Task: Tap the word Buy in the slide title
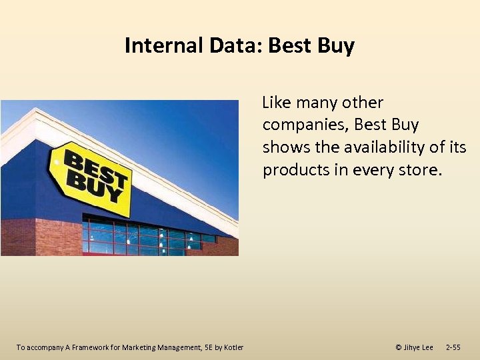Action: (335, 46)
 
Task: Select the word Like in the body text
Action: (277, 103)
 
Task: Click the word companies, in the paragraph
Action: (305, 125)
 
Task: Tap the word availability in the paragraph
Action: (379, 147)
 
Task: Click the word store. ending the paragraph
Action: (420, 169)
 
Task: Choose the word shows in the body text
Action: (284, 147)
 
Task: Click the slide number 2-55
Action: (453, 347)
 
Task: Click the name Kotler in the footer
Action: (233, 347)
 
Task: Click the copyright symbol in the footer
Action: (398, 347)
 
